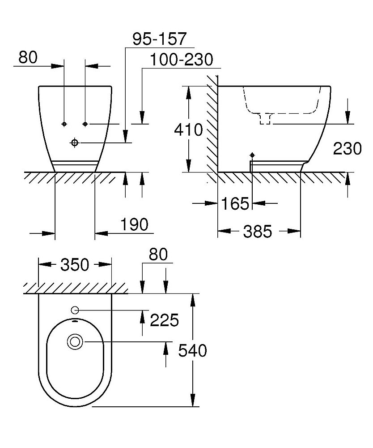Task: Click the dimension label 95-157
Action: click(159, 39)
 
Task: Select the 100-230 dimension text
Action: click(181, 60)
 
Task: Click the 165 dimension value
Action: click(235, 204)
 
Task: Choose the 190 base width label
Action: click(134, 224)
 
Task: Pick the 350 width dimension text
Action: click(74, 265)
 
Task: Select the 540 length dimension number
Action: click(192, 351)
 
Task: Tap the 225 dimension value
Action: click(164, 320)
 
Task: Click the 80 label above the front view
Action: click(29, 57)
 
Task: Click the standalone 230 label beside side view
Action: click(347, 148)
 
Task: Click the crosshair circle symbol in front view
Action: click(74, 142)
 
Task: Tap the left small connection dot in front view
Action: click(64, 123)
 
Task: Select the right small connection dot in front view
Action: click(85, 123)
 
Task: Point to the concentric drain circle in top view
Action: click(74, 342)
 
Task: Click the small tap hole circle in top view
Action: click(75, 310)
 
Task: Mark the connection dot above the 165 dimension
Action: click(252, 155)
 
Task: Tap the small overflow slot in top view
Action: click(75, 321)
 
